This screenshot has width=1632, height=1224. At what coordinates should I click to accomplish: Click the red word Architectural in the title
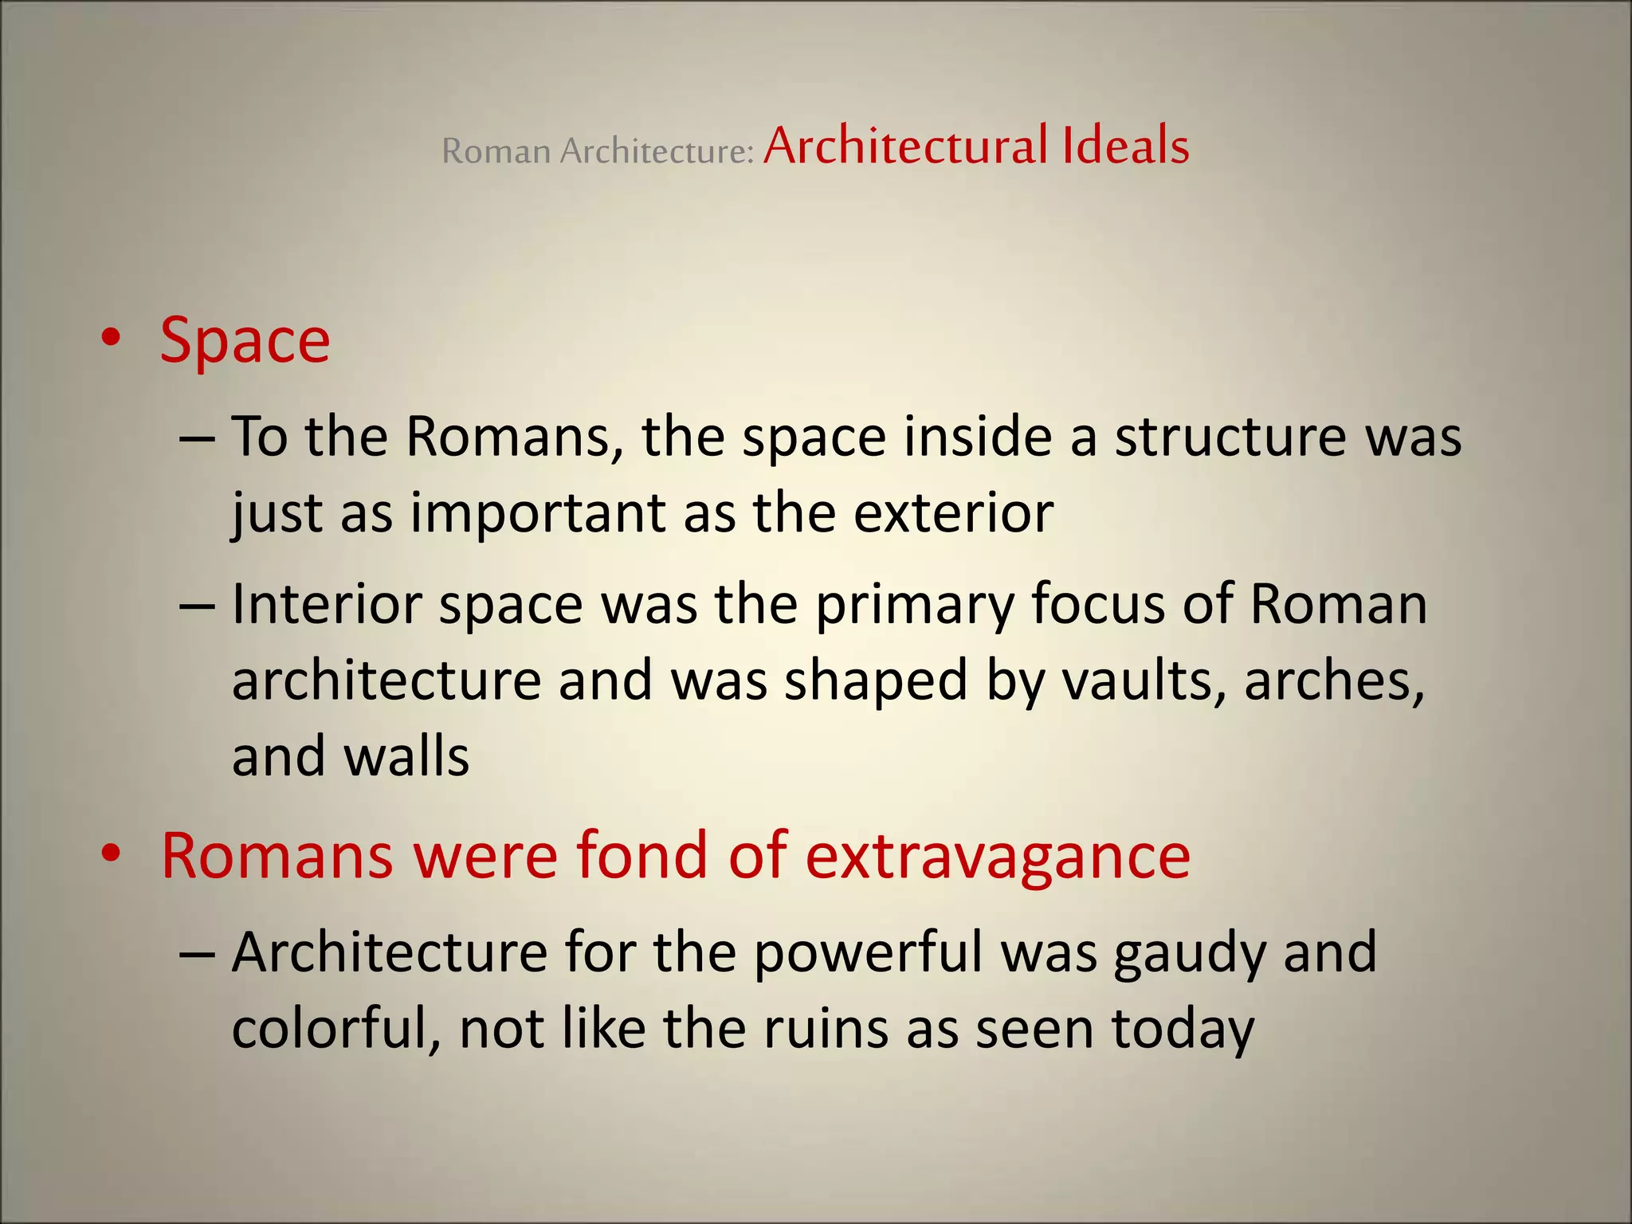[904, 147]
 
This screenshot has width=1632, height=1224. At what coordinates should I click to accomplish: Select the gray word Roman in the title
[496, 151]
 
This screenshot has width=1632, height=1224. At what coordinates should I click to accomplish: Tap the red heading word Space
[245, 341]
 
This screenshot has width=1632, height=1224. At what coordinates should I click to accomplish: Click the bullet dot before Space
[111, 338]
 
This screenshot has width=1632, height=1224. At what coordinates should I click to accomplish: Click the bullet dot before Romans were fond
[111, 853]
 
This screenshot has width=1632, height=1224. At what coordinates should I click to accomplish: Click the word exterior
[953, 512]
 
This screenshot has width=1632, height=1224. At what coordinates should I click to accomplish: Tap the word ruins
[826, 1028]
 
